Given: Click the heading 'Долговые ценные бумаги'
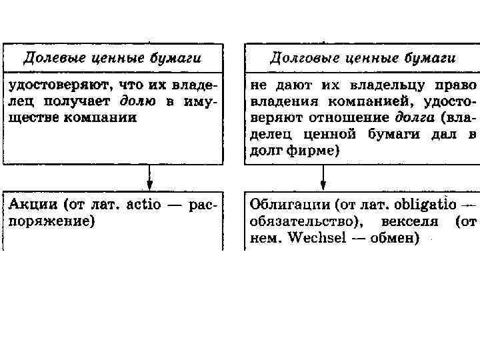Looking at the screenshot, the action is (363, 58).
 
